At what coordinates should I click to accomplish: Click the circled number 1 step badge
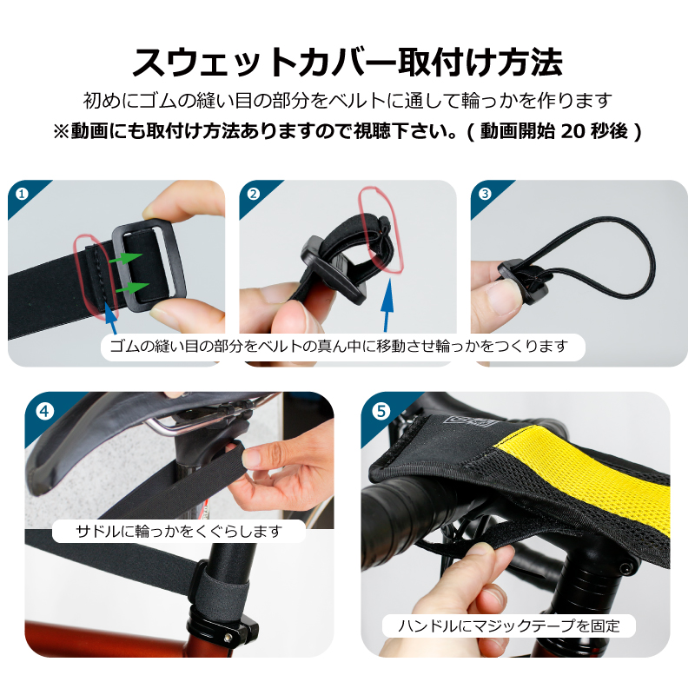[x=22, y=194]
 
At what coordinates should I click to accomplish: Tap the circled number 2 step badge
[x=253, y=194]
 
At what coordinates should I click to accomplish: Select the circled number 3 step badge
[x=485, y=194]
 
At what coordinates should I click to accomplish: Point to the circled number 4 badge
[x=45, y=411]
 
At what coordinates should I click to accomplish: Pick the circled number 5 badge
[x=381, y=411]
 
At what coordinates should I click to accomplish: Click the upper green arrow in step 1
[x=125, y=257]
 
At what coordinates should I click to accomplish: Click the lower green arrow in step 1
[x=132, y=288]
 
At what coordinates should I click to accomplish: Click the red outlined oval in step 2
[x=381, y=229]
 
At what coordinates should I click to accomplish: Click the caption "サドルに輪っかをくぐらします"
[x=179, y=531]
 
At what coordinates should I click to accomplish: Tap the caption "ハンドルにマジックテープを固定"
[x=508, y=625]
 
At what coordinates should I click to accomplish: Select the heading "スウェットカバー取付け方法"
[x=347, y=62]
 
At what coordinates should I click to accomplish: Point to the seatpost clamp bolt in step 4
[x=228, y=637]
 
